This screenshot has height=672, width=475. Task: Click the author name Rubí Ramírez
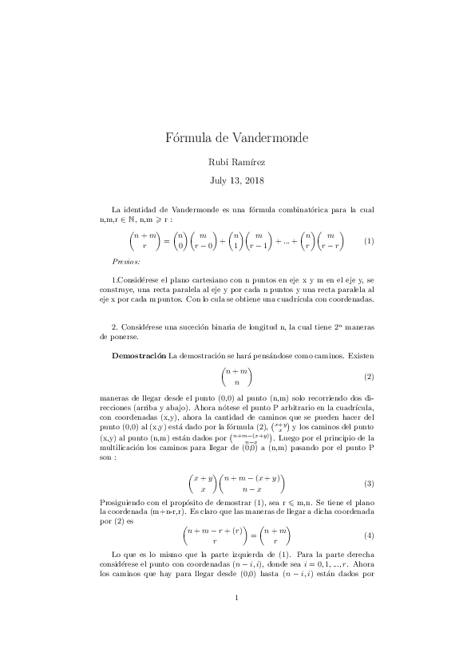pyautogui.click(x=237, y=162)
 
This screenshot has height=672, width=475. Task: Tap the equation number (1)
pyautogui.click(x=369, y=240)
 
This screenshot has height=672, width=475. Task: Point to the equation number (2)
pyautogui.click(x=369, y=376)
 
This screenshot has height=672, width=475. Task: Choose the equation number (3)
pyautogui.click(x=369, y=484)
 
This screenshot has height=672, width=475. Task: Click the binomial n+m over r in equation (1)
pyautogui.click(x=144, y=240)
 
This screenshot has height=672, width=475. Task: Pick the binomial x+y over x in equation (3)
pyautogui.click(x=202, y=484)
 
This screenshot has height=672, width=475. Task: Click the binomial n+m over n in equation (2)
pyautogui.click(x=237, y=376)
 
